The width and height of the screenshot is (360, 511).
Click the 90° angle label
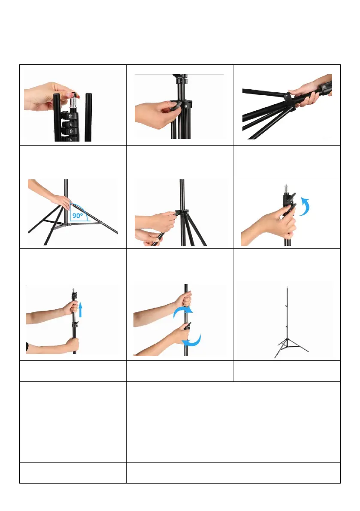click(78, 215)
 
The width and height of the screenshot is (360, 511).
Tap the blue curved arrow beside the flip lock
click(305, 206)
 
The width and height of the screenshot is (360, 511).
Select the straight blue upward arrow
click(80, 309)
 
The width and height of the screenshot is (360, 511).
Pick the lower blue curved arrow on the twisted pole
click(192, 340)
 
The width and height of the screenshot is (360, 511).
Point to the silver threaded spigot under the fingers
click(74, 105)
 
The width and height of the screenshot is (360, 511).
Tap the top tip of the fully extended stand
click(287, 287)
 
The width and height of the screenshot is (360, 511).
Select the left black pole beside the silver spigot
click(57, 117)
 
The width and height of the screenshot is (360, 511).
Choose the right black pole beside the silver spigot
click(88, 117)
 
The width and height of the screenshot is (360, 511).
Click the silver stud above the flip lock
click(286, 188)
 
